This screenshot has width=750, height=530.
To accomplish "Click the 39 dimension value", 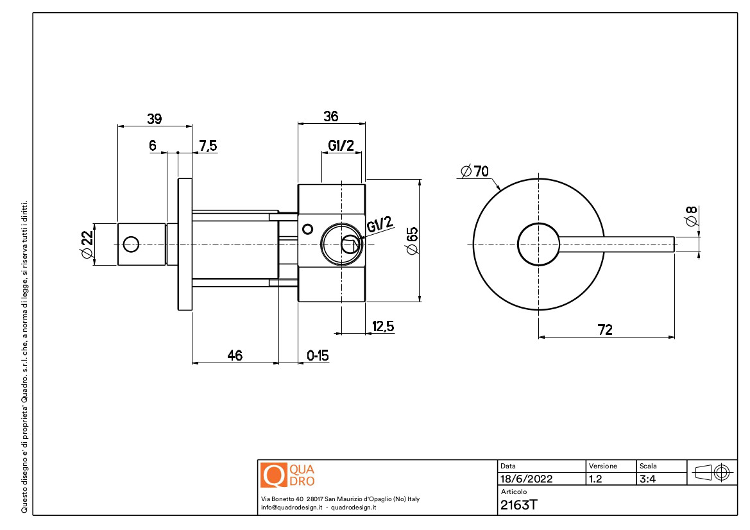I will click(155, 119).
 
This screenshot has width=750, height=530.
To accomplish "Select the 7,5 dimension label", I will click(208, 146).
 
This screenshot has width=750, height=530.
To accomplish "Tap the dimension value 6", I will click(153, 146).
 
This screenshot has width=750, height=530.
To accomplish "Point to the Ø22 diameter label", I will click(88, 244).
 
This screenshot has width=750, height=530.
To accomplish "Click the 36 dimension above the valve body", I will click(330, 117).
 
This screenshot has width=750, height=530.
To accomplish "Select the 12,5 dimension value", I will click(382, 327).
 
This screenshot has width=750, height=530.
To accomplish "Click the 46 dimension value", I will click(235, 355).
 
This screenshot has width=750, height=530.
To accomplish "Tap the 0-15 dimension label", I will click(318, 355).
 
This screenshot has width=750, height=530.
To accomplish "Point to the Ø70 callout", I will click(475, 171).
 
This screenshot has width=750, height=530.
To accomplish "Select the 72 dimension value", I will click(605, 330).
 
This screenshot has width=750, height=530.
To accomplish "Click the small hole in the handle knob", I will click(131, 244).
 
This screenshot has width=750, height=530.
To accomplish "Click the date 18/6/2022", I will click(526, 479).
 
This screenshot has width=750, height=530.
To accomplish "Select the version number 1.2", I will click(595, 479).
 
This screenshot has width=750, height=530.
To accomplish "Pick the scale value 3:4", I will click(648, 479).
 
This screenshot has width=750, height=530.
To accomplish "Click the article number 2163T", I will click(518, 504).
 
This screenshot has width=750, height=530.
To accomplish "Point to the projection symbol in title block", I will click(712, 473).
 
